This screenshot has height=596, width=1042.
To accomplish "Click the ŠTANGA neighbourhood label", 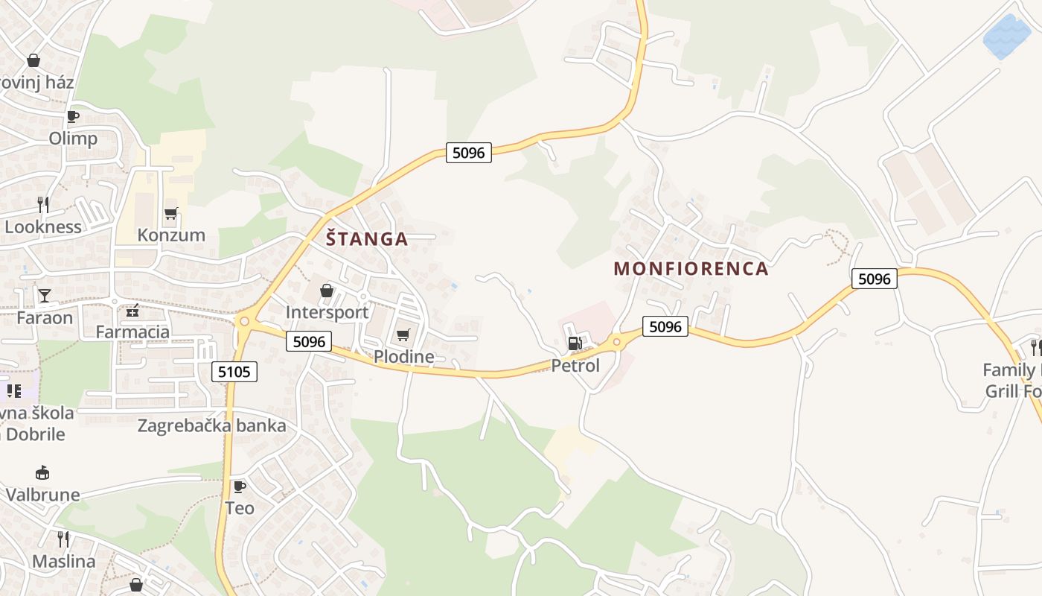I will tap(367, 239).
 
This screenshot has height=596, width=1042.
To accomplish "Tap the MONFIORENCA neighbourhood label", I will tap(691, 269).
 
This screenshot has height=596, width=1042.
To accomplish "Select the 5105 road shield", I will tap(234, 371).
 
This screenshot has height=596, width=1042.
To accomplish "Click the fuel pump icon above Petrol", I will tap(574, 343).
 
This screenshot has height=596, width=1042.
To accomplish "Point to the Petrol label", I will tap(575, 366).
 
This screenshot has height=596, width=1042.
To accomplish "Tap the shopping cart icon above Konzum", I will tap(171, 214).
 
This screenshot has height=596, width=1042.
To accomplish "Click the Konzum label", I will tap(171, 235).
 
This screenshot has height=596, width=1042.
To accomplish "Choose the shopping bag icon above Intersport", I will tap(327, 291).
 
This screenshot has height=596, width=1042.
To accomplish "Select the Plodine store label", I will tap(403, 357).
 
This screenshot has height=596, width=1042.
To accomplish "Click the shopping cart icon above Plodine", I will tap(403, 335).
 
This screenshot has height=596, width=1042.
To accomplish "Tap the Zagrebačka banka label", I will tap(212, 426).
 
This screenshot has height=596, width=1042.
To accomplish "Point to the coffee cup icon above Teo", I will tap(239, 486).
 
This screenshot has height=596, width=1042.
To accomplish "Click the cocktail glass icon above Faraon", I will tap(45, 296).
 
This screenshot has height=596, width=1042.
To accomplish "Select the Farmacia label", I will tap(132, 332).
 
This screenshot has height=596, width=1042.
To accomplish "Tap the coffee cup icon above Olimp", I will tap(73, 116).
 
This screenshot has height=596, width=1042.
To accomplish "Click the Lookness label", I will tap(43, 227).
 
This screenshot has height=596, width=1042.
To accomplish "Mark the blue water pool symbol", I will tap(1007, 36).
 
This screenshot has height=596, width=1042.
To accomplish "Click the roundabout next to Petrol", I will tap(616, 343).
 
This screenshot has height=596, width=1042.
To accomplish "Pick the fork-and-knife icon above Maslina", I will tap(63, 539).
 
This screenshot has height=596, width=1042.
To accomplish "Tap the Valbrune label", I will tap(43, 495).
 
